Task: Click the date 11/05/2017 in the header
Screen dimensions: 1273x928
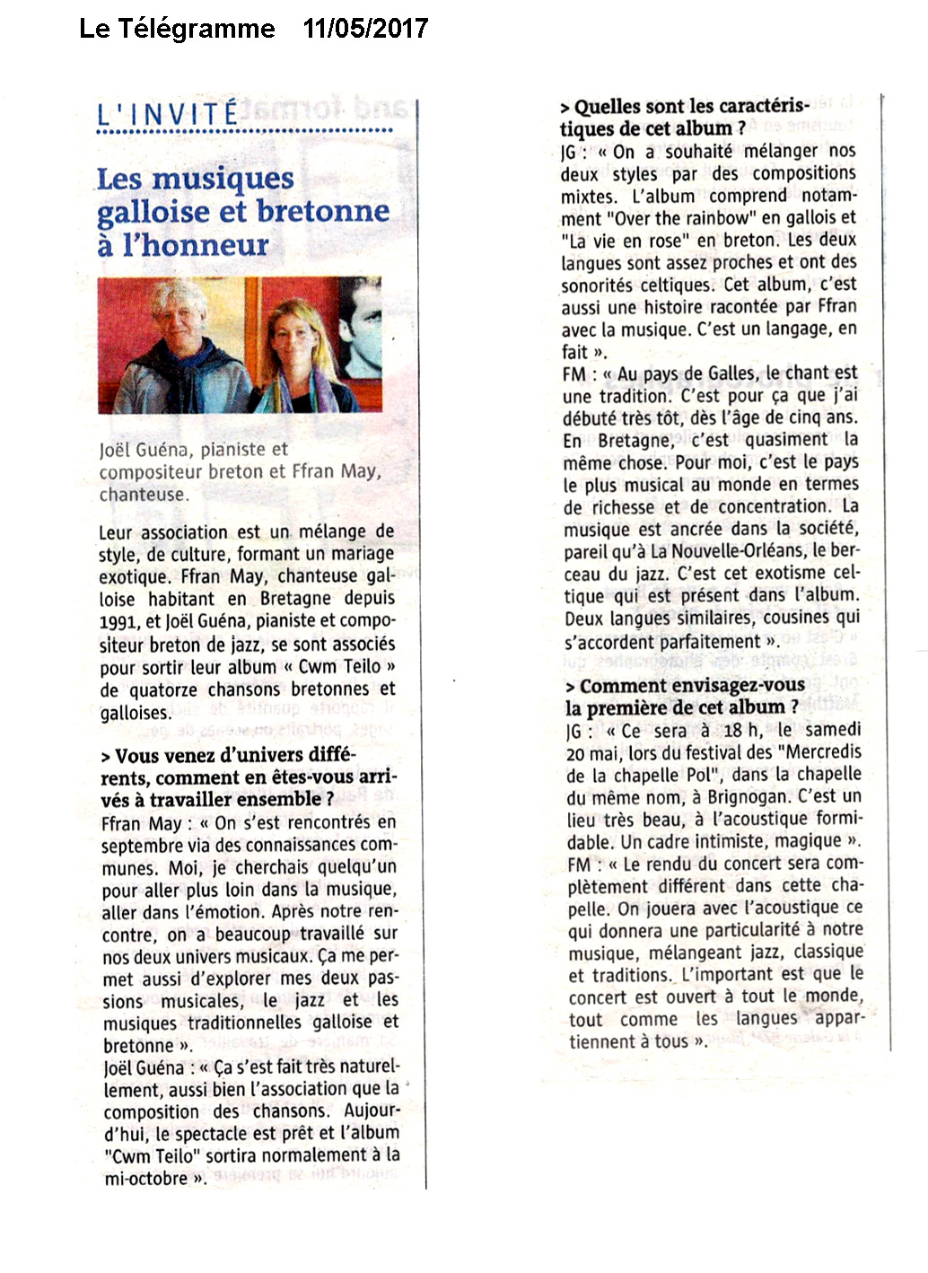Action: tap(365, 29)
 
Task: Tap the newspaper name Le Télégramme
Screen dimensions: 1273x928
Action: tap(177, 29)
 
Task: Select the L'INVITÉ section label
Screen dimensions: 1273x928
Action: tap(168, 114)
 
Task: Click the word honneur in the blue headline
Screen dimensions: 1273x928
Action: tap(196, 245)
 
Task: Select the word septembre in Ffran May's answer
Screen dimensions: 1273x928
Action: tap(142, 845)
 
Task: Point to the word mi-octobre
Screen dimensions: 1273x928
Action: tap(145, 1178)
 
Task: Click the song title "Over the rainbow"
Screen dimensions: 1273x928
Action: tap(686, 218)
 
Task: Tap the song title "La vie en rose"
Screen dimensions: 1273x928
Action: tap(626, 241)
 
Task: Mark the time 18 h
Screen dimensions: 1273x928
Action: tap(741, 730)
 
